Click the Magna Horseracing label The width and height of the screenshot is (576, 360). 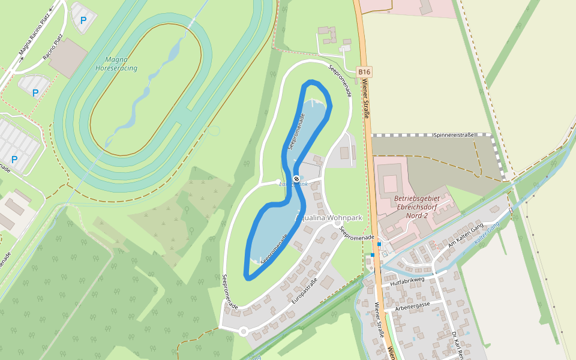click(116, 64)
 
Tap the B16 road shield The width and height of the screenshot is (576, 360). click(364, 72)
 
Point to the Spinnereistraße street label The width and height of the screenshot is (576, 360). click(454, 135)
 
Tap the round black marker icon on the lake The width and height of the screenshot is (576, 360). click(296, 178)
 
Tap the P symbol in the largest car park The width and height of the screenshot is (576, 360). click(14, 160)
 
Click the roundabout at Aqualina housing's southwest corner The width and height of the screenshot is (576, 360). click(244, 331)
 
